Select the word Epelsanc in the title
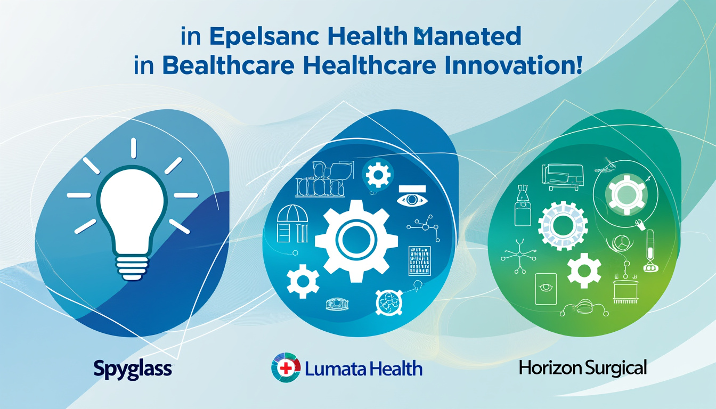[x=256, y=37]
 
